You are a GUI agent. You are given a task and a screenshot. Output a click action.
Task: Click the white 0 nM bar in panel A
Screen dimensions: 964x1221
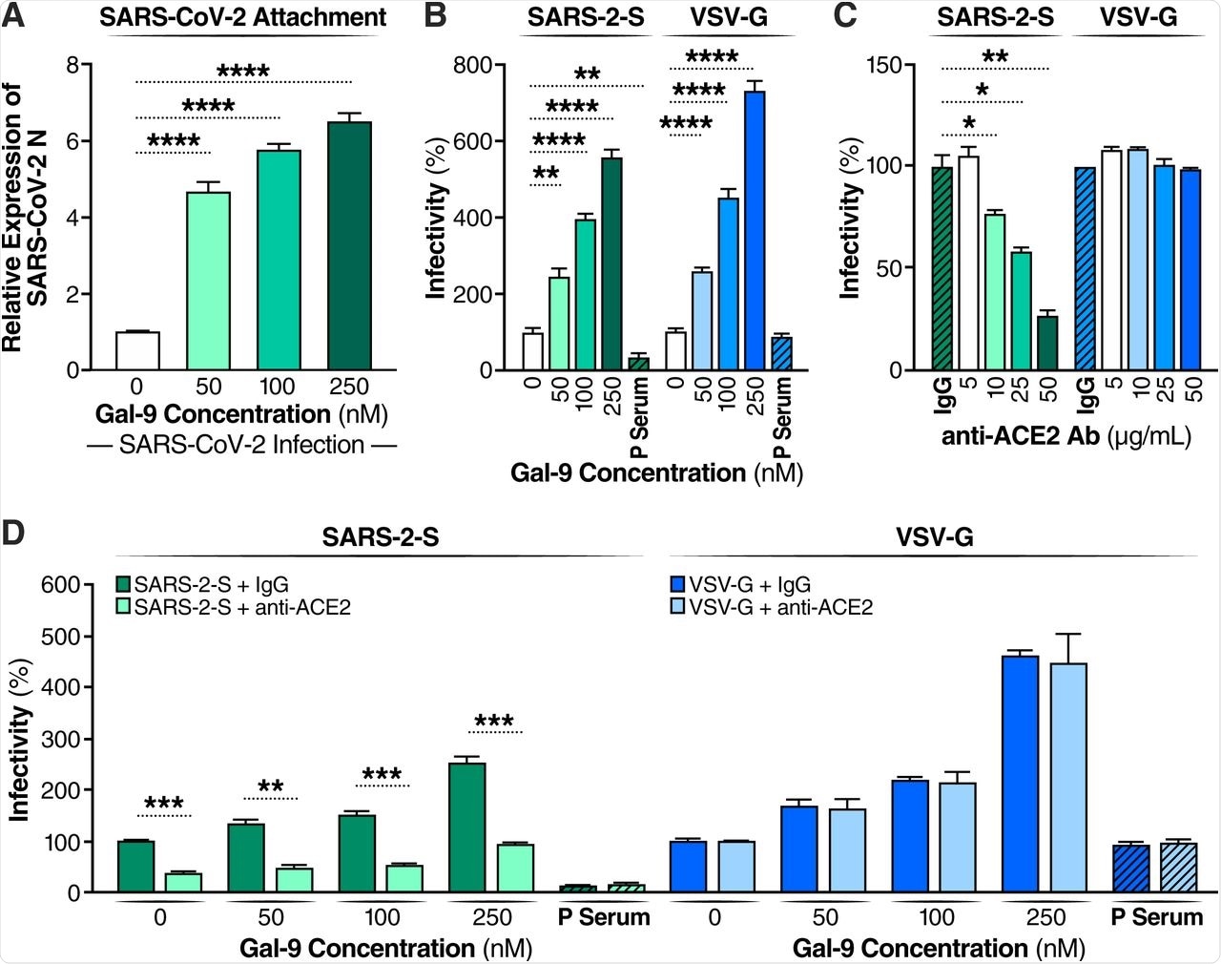137,350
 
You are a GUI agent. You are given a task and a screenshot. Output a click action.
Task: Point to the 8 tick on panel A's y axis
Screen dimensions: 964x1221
72,66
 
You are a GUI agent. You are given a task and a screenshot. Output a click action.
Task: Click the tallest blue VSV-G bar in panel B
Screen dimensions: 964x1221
755,230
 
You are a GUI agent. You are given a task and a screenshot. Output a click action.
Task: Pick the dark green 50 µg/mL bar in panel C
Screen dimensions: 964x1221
1046,343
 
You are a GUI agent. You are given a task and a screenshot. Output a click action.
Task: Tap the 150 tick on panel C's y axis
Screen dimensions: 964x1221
883,66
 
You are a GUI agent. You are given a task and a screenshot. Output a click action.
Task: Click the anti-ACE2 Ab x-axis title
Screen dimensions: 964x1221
1066,436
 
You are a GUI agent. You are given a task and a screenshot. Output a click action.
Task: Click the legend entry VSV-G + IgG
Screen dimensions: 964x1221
740,584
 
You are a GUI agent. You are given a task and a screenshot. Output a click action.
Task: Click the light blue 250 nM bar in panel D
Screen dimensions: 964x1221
1067,777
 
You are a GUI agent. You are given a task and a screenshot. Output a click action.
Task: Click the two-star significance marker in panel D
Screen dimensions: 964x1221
271,787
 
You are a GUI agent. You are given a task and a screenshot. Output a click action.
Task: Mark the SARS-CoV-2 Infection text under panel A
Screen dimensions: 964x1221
241,445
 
